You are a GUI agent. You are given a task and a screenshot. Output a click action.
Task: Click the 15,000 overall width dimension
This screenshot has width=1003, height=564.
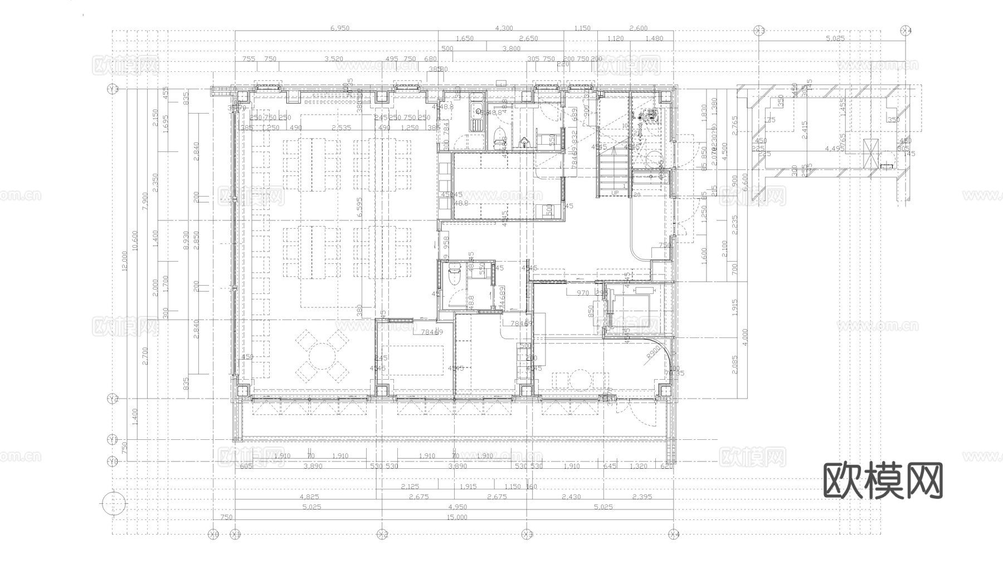[457, 517]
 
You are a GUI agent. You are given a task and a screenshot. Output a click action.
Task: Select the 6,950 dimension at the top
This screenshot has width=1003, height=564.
[340, 28]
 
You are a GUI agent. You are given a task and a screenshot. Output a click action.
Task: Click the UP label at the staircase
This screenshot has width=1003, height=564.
[615, 193]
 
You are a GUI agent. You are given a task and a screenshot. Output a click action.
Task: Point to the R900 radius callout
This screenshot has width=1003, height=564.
[653, 356]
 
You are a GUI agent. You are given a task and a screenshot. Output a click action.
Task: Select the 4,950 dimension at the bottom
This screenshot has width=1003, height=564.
[457, 507]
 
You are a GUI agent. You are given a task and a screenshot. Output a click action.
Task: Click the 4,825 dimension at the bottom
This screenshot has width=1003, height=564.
[309, 497]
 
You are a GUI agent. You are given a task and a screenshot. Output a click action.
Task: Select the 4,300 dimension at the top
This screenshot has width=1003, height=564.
[504, 28]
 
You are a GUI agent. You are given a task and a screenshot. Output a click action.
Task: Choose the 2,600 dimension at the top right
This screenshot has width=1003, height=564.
[638, 28]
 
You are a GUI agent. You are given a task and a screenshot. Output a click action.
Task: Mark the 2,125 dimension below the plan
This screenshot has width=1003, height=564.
[410, 486]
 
